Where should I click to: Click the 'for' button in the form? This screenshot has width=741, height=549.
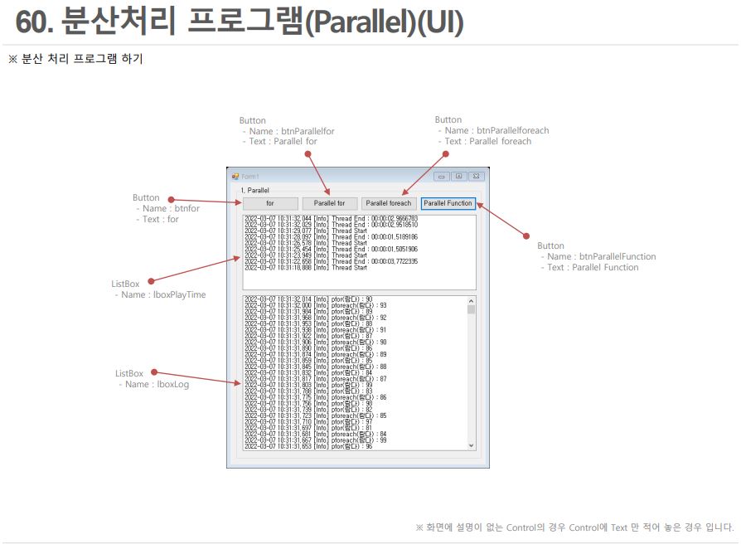tap(270, 203)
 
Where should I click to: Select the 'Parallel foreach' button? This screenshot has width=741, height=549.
tap(389, 203)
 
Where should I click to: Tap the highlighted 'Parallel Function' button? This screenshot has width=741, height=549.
tap(448, 203)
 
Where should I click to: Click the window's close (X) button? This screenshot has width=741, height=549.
tap(476, 176)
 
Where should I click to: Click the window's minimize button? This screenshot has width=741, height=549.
tap(442, 176)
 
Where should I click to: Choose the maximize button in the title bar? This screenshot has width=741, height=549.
tap(458, 176)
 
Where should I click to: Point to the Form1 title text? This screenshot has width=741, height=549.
tap(250, 176)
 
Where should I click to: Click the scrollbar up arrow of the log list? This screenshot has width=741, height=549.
tap(472, 300)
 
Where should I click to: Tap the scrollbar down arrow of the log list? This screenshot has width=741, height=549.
tap(472, 445)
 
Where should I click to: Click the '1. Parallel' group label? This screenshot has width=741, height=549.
tap(254, 190)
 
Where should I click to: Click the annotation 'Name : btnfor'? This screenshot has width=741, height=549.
tap(172, 209)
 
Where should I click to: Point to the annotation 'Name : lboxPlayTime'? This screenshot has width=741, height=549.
tap(163, 294)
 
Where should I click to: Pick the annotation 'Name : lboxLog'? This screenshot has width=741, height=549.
tap(157, 384)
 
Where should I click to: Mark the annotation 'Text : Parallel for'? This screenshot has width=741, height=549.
tap(283, 141)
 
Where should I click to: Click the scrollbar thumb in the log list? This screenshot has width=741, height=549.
tap(472, 309)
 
